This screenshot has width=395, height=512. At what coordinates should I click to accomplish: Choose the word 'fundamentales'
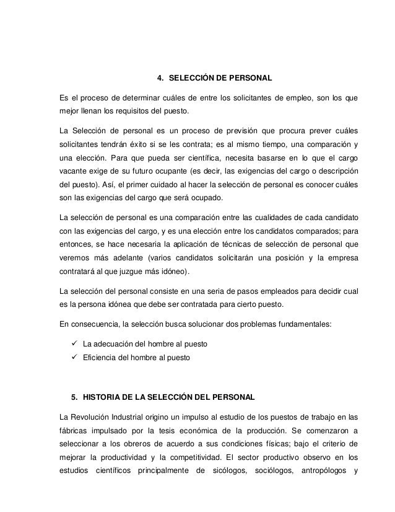(x=300, y=323)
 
